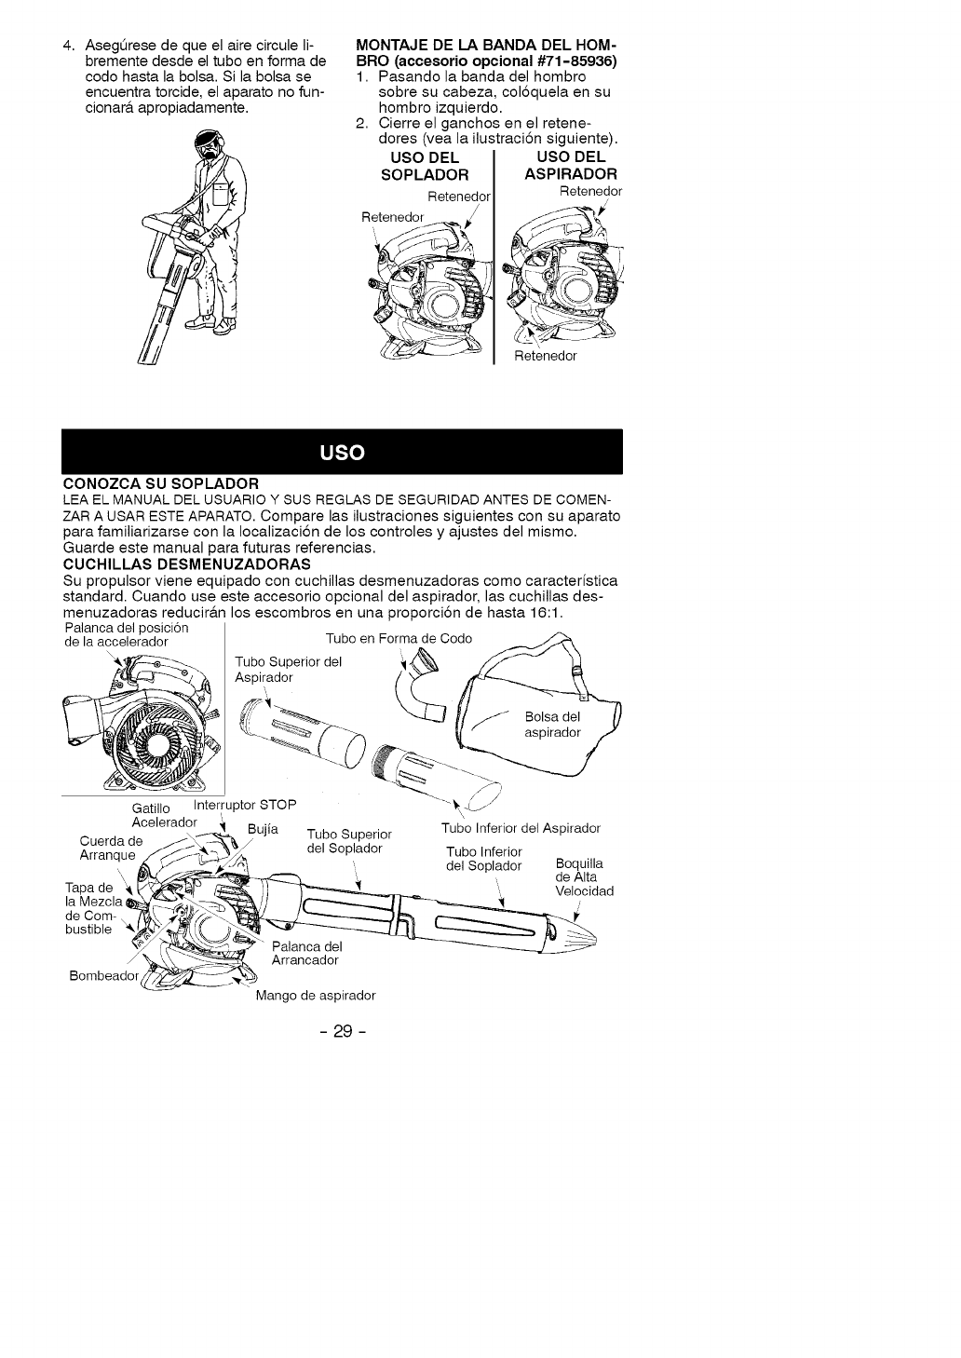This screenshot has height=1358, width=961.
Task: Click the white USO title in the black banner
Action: click(x=340, y=453)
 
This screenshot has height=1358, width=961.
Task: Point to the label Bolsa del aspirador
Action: click(x=552, y=724)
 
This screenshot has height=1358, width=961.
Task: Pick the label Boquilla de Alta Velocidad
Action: click(x=583, y=876)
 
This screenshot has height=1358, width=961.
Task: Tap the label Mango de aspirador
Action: click(x=316, y=995)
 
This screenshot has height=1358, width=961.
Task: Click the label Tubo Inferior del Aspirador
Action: click(x=521, y=828)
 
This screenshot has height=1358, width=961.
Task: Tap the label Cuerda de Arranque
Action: click(x=110, y=849)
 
